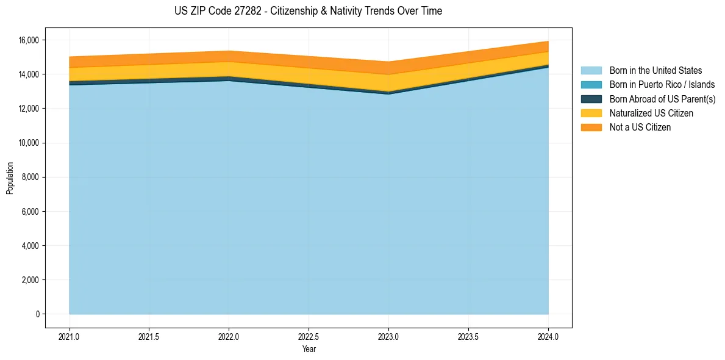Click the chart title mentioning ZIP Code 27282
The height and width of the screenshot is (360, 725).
[308, 11]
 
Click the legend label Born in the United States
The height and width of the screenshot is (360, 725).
[655, 71]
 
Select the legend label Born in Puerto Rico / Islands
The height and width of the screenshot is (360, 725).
[662, 85]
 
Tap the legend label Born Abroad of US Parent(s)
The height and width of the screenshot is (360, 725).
[662, 99]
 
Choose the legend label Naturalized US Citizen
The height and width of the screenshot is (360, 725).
[651, 113]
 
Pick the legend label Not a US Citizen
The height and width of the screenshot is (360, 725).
[640, 127]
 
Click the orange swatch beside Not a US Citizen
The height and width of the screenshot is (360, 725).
[591, 127]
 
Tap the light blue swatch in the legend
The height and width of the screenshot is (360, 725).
[591, 71]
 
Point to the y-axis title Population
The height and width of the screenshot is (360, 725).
[10, 178]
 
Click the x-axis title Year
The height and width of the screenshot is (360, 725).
[309, 349]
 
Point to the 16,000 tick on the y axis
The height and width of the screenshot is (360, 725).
[29, 40]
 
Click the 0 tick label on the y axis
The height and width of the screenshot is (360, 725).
[37, 314]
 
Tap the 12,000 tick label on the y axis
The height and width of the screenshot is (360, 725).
[29, 109]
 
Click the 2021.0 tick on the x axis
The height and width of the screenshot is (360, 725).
[70, 336]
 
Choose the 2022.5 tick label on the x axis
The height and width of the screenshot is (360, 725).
[309, 336]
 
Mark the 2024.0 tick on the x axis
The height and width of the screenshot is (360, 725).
[548, 336]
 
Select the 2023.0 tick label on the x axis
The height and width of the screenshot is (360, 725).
[388, 336]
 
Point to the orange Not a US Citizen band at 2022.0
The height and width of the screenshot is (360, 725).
[229, 56]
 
